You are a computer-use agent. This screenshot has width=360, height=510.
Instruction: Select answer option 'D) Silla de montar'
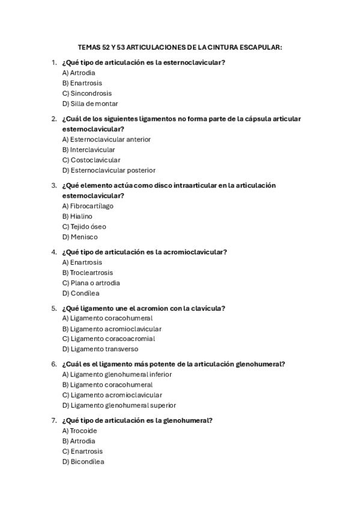click(x=90, y=104)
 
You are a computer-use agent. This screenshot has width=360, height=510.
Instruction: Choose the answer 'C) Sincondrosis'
click(x=87, y=94)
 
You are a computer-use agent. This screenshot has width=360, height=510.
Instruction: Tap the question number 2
click(x=54, y=119)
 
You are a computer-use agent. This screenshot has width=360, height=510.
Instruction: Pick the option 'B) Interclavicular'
click(x=88, y=150)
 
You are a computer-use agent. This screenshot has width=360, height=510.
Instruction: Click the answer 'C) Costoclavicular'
click(x=91, y=160)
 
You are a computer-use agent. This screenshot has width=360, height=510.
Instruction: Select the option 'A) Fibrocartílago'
click(x=88, y=206)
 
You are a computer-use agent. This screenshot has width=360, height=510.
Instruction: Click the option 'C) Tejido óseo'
click(x=84, y=227)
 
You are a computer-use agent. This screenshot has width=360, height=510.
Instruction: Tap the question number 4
click(x=54, y=252)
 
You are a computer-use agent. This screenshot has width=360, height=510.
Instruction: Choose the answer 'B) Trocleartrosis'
click(x=87, y=273)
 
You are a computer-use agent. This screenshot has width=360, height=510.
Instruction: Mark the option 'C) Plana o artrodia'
click(x=91, y=283)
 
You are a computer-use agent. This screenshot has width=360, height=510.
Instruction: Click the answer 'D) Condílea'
click(x=81, y=293)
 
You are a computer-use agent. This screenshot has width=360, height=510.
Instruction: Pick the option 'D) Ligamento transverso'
click(x=100, y=349)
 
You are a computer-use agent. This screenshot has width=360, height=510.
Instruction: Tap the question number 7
click(x=54, y=420)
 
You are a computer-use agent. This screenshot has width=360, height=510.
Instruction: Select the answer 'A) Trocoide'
click(x=79, y=431)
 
